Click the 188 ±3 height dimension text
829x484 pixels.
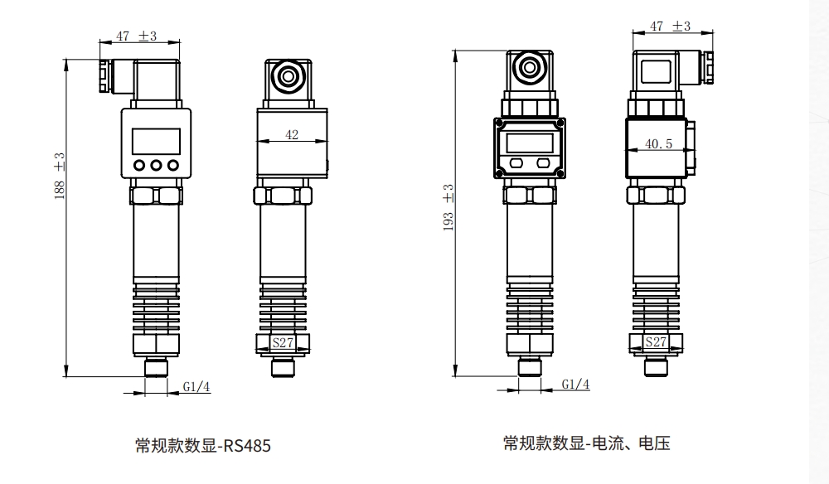click(x=60, y=175)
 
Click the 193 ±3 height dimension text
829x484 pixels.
click(x=448, y=207)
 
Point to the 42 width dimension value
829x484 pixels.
click(x=291, y=135)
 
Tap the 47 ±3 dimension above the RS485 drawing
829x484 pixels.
click(x=136, y=36)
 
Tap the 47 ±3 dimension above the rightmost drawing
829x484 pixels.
click(x=670, y=27)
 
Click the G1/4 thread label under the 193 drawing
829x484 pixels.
click(x=575, y=385)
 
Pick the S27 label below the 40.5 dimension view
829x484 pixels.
click(x=656, y=341)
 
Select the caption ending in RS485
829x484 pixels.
click(x=203, y=446)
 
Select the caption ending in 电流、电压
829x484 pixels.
click(x=586, y=443)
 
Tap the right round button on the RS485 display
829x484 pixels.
click(x=173, y=165)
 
